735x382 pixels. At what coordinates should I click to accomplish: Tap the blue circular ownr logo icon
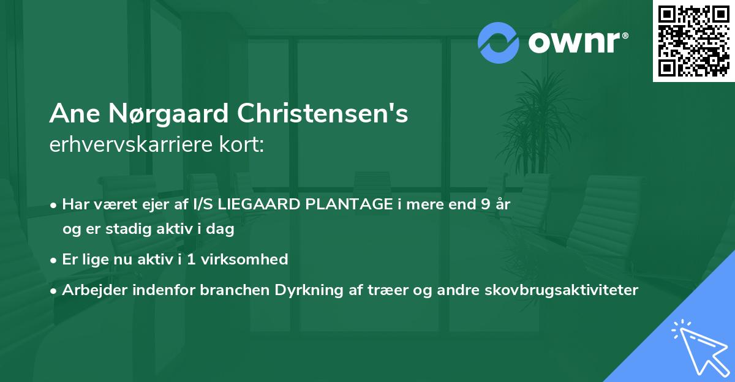(x=498, y=43)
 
